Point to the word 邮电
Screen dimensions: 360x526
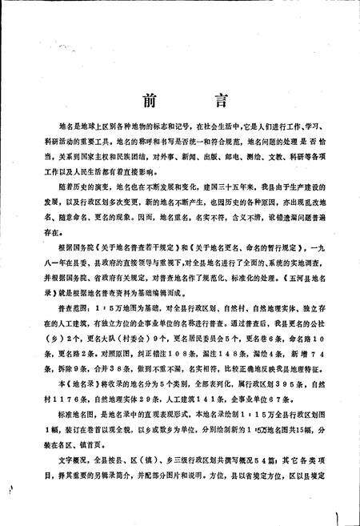[x=221, y=159]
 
